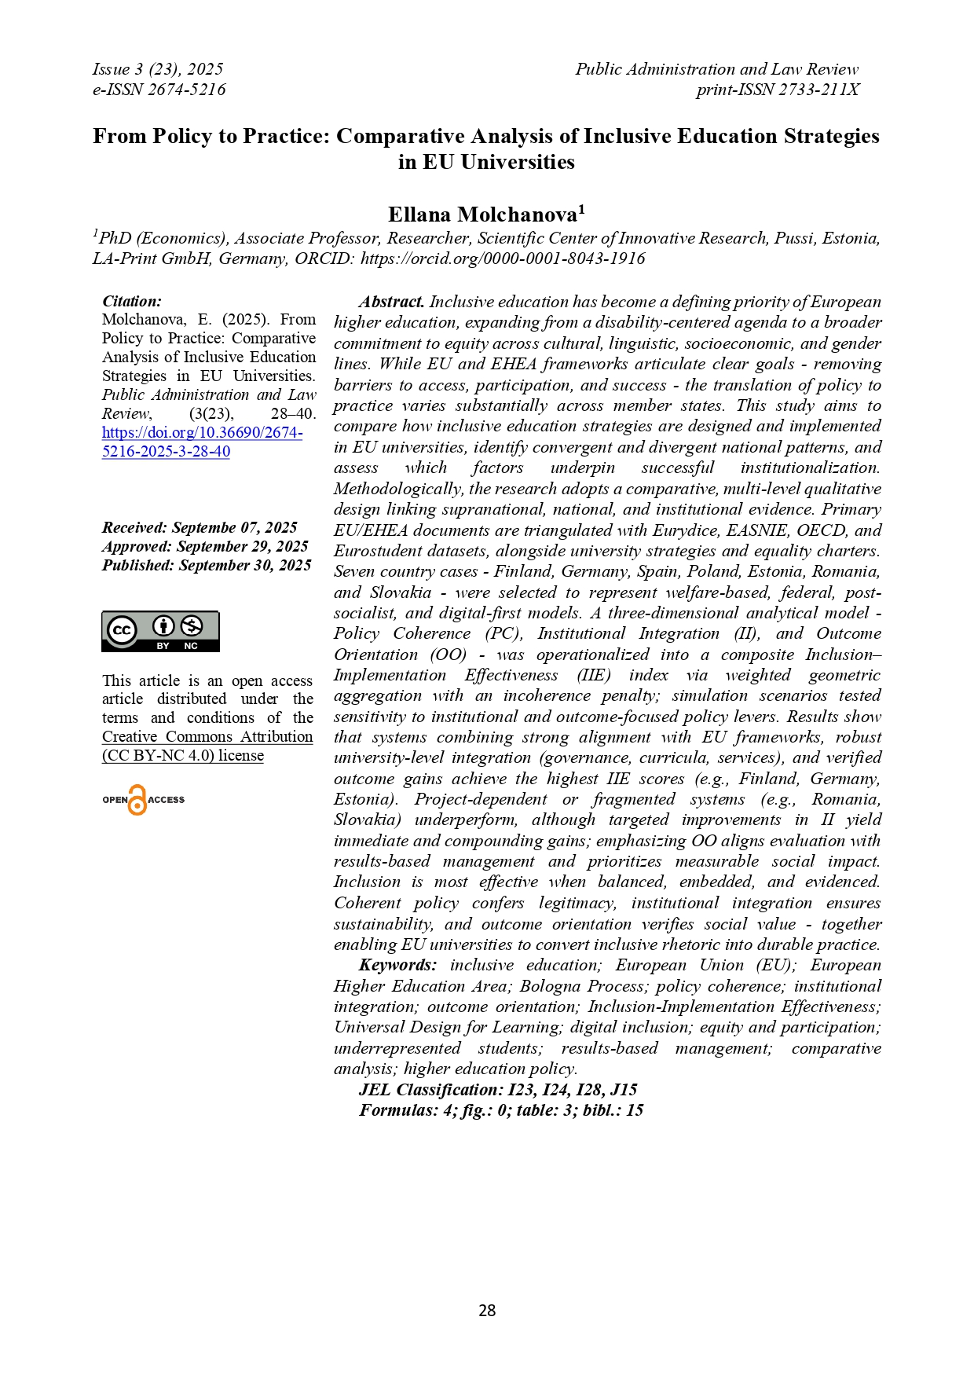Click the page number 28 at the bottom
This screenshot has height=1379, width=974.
click(487, 1310)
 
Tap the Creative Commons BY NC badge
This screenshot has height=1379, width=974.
click(160, 632)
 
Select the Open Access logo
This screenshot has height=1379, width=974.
click(143, 800)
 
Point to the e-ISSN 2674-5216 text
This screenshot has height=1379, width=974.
click(159, 90)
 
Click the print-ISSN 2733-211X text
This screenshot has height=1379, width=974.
click(778, 90)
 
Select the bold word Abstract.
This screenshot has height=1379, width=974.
click(392, 302)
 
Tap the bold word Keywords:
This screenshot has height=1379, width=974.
click(397, 965)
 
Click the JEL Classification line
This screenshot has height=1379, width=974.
click(498, 1090)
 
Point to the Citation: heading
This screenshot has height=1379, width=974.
click(132, 301)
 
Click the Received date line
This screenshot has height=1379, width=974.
click(200, 527)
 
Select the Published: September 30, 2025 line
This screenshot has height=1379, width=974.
click(207, 565)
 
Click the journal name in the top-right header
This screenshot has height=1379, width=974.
click(716, 69)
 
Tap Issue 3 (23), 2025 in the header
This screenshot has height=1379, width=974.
click(157, 69)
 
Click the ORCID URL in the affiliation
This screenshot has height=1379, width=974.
click(503, 259)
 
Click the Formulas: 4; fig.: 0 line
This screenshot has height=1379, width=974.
click(501, 1110)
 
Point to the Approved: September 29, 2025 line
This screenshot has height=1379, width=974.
click(205, 546)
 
